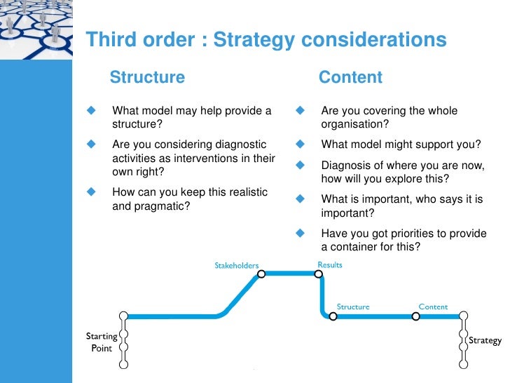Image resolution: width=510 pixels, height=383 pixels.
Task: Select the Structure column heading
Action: pyautogui.click(x=147, y=77)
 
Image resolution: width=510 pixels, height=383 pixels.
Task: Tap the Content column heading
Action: pyautogui.click(x=350, y=77)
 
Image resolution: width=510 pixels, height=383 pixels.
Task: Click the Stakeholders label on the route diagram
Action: pyautogui.click(x=237, y=265)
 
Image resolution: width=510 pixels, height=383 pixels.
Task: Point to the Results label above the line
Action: pyautogui.click(x=330, y=264)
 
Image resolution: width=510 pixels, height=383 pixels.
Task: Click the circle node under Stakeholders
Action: pyautogui.click(x=261, y=274)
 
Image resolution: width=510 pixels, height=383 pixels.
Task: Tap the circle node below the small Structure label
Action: pyautogui.click(x=333, y=316)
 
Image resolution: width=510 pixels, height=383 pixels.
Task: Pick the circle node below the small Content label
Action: pyautogui.click(x=415, y=316)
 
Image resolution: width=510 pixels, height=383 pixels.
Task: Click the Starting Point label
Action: pyautogui.click(x=102, y=342)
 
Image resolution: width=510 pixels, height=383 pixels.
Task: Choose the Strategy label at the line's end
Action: pyautogui.click(x=485, y=340)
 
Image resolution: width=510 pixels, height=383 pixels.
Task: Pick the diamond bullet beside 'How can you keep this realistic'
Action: pyautogui.click(x=90, y=191)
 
